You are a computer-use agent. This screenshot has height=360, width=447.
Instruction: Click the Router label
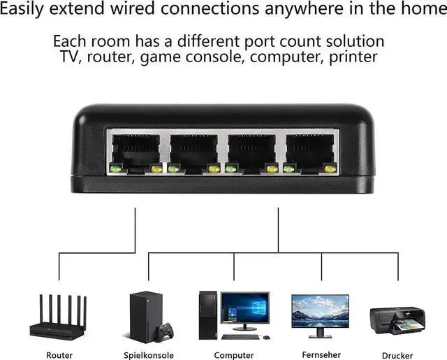59,355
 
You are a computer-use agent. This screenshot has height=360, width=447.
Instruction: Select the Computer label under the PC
234,355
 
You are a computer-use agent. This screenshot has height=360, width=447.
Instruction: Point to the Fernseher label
321,354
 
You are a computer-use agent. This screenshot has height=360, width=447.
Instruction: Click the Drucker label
397,355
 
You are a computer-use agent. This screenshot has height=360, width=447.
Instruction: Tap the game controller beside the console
166,329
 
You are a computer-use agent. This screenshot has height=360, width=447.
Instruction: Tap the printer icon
397,321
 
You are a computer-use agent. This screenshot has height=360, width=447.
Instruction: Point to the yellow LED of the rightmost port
330,168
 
